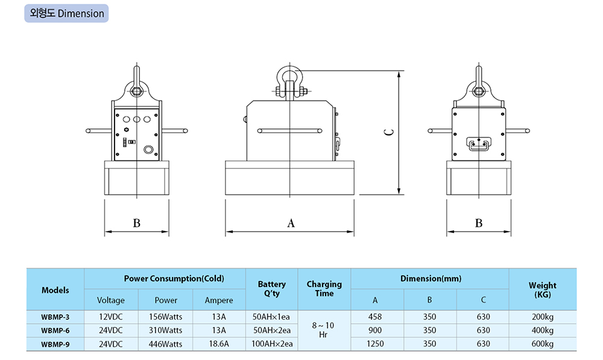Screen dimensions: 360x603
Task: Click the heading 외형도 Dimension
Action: [x=66, y=13]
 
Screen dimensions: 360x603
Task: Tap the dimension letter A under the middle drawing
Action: [x=291, y=223]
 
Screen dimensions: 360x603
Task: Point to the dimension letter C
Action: [x=390, y=133]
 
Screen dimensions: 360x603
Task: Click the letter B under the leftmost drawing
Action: [x=136, y=223]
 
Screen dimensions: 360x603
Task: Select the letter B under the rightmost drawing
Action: [x=479, y=223]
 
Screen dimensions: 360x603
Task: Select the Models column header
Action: [x=55, y=290]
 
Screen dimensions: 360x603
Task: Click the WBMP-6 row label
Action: [x=55, y=330]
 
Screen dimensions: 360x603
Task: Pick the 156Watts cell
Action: [x=166, y=316]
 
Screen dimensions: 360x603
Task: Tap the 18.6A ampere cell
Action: [x=219, y=344]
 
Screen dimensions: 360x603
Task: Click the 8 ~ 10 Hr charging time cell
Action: [x=324, y=330]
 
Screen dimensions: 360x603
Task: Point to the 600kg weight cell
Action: [x=542, y=344]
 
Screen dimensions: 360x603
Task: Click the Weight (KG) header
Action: [x=542, y=289]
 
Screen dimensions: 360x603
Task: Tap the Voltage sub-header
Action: [x=111, y=300]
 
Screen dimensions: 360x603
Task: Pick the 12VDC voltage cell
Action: [x=111, y=316]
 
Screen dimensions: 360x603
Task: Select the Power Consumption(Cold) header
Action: [x=165, y=279]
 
